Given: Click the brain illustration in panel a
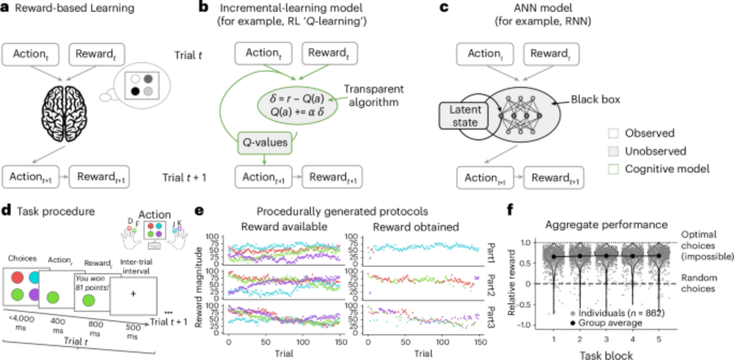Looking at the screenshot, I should [x=65, y=113].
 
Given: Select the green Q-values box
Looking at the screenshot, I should [x=265, y=143].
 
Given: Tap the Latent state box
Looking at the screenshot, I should [x=465, y=116].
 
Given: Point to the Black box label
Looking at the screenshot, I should [x=595, y=99].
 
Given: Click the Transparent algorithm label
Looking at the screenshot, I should [x=374, y=96].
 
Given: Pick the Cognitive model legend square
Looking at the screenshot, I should [x=613, y=169].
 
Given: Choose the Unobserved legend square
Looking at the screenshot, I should [x=613, y=151].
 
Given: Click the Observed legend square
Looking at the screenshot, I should [x=613, y=133].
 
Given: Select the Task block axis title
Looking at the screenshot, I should [x=606, y=355].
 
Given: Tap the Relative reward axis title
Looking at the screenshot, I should [x=511, y=283].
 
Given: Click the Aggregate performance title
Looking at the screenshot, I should [x=606, y=225].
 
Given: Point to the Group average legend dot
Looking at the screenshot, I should [x=573, y=323].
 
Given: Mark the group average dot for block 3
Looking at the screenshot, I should [x=606, y=256].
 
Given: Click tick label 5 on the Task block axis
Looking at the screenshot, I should [x=659, y=339].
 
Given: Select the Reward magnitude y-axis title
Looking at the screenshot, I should [x=199, y=287].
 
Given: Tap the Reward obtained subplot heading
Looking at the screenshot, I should [x=416, y=227].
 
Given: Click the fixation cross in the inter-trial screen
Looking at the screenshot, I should [x=133, y=294].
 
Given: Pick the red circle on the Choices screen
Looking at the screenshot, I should [x=17, y=277].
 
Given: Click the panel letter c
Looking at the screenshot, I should [x=444, y=7].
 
